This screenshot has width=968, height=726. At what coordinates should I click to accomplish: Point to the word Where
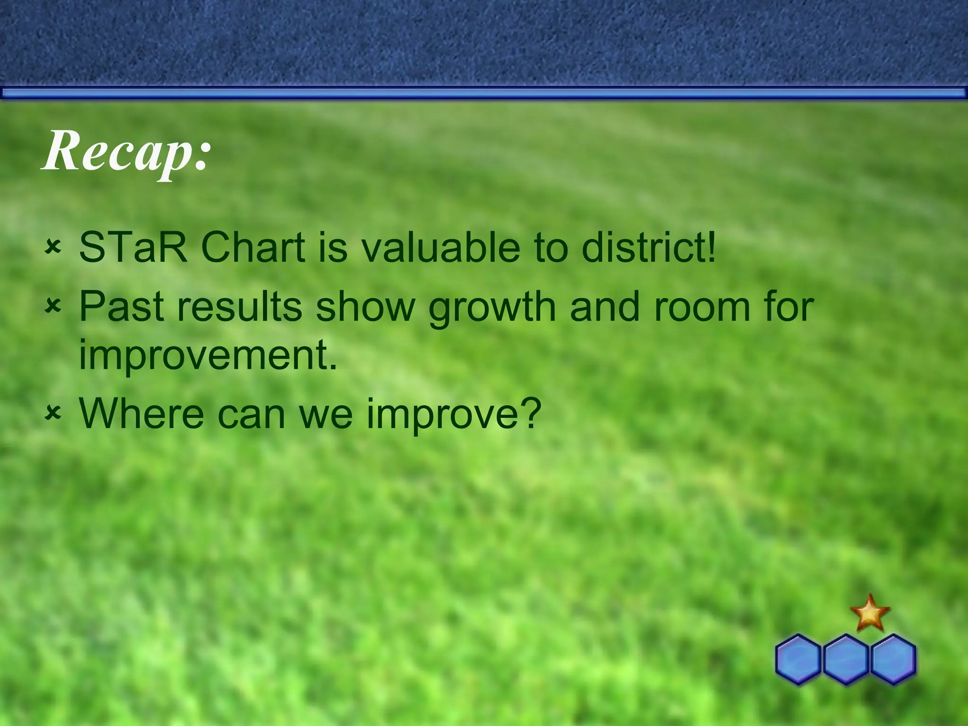[141, 413]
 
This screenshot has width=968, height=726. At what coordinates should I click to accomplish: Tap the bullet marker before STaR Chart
[53, 248]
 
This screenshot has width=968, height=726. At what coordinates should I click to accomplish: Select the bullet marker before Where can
[53, 414]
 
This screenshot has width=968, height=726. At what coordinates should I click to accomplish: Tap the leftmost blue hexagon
[798, 659]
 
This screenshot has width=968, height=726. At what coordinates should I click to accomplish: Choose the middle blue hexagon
[846, 659]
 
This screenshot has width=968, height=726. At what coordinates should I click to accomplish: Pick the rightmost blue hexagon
[893, 659]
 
